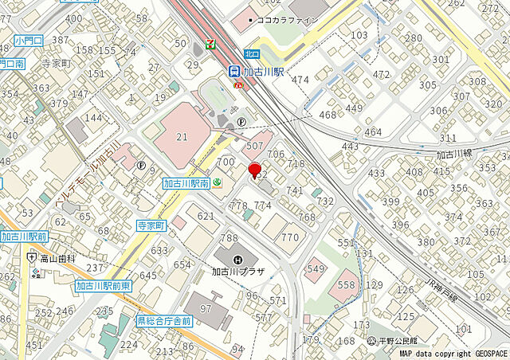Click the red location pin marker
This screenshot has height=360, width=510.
click(255, 170)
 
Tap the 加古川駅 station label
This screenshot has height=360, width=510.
click(266, 70)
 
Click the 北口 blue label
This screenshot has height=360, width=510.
click(253, 52)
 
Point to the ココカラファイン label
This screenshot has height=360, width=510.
click(283, 19)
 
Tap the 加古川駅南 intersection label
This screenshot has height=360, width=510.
click(186, 183)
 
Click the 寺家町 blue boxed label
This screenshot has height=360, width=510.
click(151, 226)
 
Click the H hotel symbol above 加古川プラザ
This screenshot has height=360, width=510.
click(237, 258)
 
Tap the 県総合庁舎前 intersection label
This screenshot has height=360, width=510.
click(164, 321)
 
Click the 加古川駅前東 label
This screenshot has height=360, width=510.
click(104, 285)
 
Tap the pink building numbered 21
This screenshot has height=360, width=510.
click(183, 137)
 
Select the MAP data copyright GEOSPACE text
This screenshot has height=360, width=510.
click(453, 354)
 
